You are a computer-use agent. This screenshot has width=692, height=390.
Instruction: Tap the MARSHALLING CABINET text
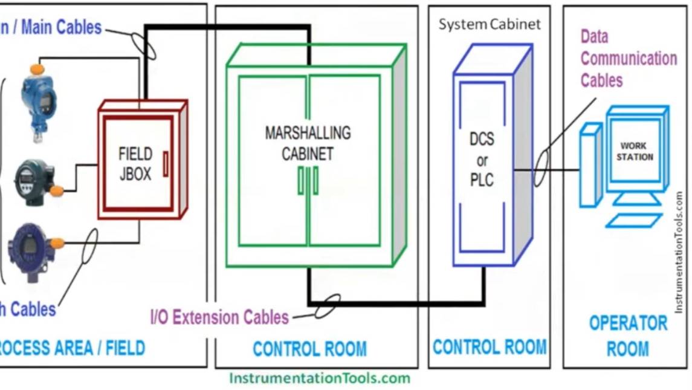click(308, 143)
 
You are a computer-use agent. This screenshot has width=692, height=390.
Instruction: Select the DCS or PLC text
click(482, 160)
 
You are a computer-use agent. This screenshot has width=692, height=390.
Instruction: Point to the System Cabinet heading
click(490, 25)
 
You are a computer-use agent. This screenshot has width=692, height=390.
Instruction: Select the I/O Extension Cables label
click(219, 316)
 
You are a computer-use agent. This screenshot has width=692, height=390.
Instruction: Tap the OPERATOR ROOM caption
click(628, 336)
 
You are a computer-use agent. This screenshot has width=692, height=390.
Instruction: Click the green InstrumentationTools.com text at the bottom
click(319, 379)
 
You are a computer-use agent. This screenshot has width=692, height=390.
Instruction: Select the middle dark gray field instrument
click(36, 181)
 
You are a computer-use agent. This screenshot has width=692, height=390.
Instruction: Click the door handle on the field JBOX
click(165, 163)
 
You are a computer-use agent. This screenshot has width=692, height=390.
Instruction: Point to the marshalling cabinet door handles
click(308, 181)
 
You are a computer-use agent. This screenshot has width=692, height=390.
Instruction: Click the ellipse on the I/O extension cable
click(327, 307)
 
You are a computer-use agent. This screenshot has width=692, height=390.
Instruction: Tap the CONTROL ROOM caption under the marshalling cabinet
click(309, 349)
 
